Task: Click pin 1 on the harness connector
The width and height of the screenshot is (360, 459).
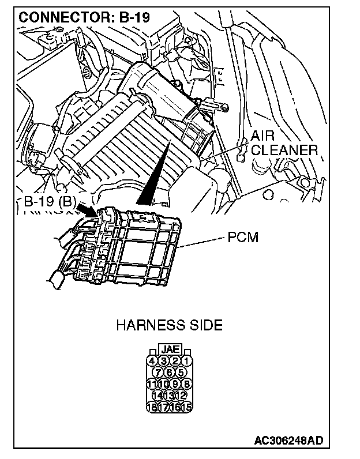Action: [186, 361]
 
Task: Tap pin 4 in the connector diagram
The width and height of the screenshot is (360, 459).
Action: [152, 361]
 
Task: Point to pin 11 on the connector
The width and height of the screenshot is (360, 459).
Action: [152, 383]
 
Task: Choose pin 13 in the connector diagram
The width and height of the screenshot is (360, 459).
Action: [169, 394]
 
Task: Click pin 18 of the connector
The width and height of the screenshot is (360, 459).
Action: [152, 405]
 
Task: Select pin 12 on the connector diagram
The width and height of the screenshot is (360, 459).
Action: [181, 394]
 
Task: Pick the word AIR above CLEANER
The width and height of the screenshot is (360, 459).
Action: [263, 137]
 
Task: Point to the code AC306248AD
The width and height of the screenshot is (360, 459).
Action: [288, 441]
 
